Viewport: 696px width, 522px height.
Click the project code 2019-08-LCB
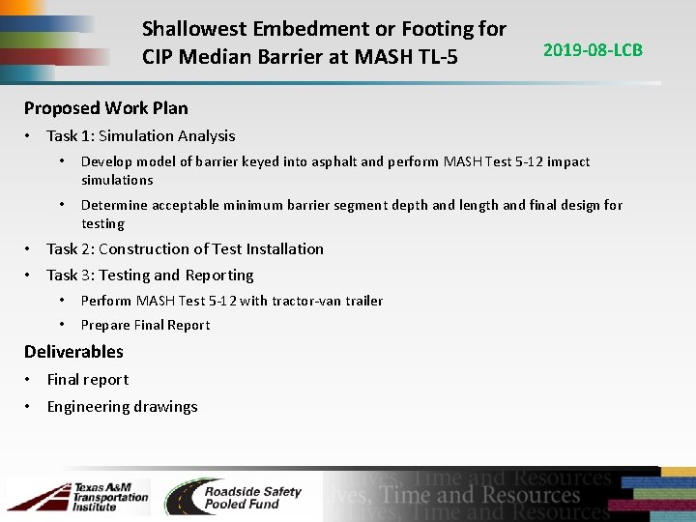click(x=593, y=49)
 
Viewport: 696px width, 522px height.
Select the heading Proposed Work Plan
click(x=106, y=108)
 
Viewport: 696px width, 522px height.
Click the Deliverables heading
click(x=73, y=351)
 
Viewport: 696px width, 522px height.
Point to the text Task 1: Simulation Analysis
click(x=141, y=136)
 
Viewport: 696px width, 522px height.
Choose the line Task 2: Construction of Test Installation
click(x=185, y=248)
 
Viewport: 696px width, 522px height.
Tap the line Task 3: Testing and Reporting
click(x=150, y=275)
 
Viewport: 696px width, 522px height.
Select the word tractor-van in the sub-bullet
click(x=278, y=301)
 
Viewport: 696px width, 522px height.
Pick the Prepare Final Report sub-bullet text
click(x=145, y=325)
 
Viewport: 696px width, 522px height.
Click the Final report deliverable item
click(x=87, y=379)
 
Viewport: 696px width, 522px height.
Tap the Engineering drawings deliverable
click(x=122, y=406)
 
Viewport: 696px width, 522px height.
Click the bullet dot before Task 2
click(x=30, y=248)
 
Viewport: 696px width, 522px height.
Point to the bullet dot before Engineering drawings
click(x=30, y=406)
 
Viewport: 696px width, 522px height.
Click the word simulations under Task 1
click(x=117, y=180)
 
